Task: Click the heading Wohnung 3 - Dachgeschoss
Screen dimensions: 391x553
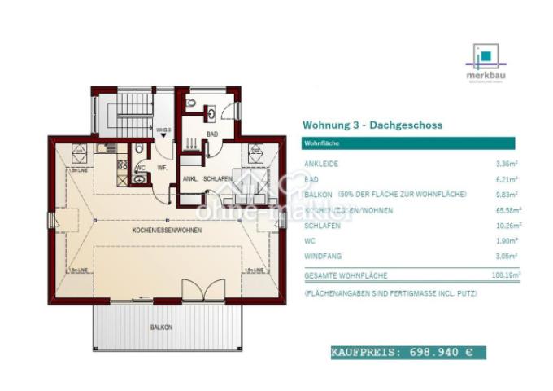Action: coord(372,125)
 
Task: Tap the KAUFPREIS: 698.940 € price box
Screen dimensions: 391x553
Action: coord(407,353)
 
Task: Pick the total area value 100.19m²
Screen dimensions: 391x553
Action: coord(505,276)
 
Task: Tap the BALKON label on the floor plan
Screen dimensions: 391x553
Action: coord(161,327)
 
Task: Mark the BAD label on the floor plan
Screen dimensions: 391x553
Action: coord(211,134)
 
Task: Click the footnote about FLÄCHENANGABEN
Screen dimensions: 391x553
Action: coord(388,292)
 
